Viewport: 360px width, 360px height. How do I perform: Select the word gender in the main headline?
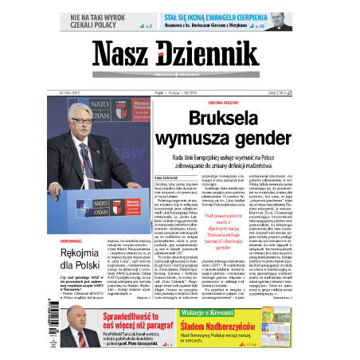256,142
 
